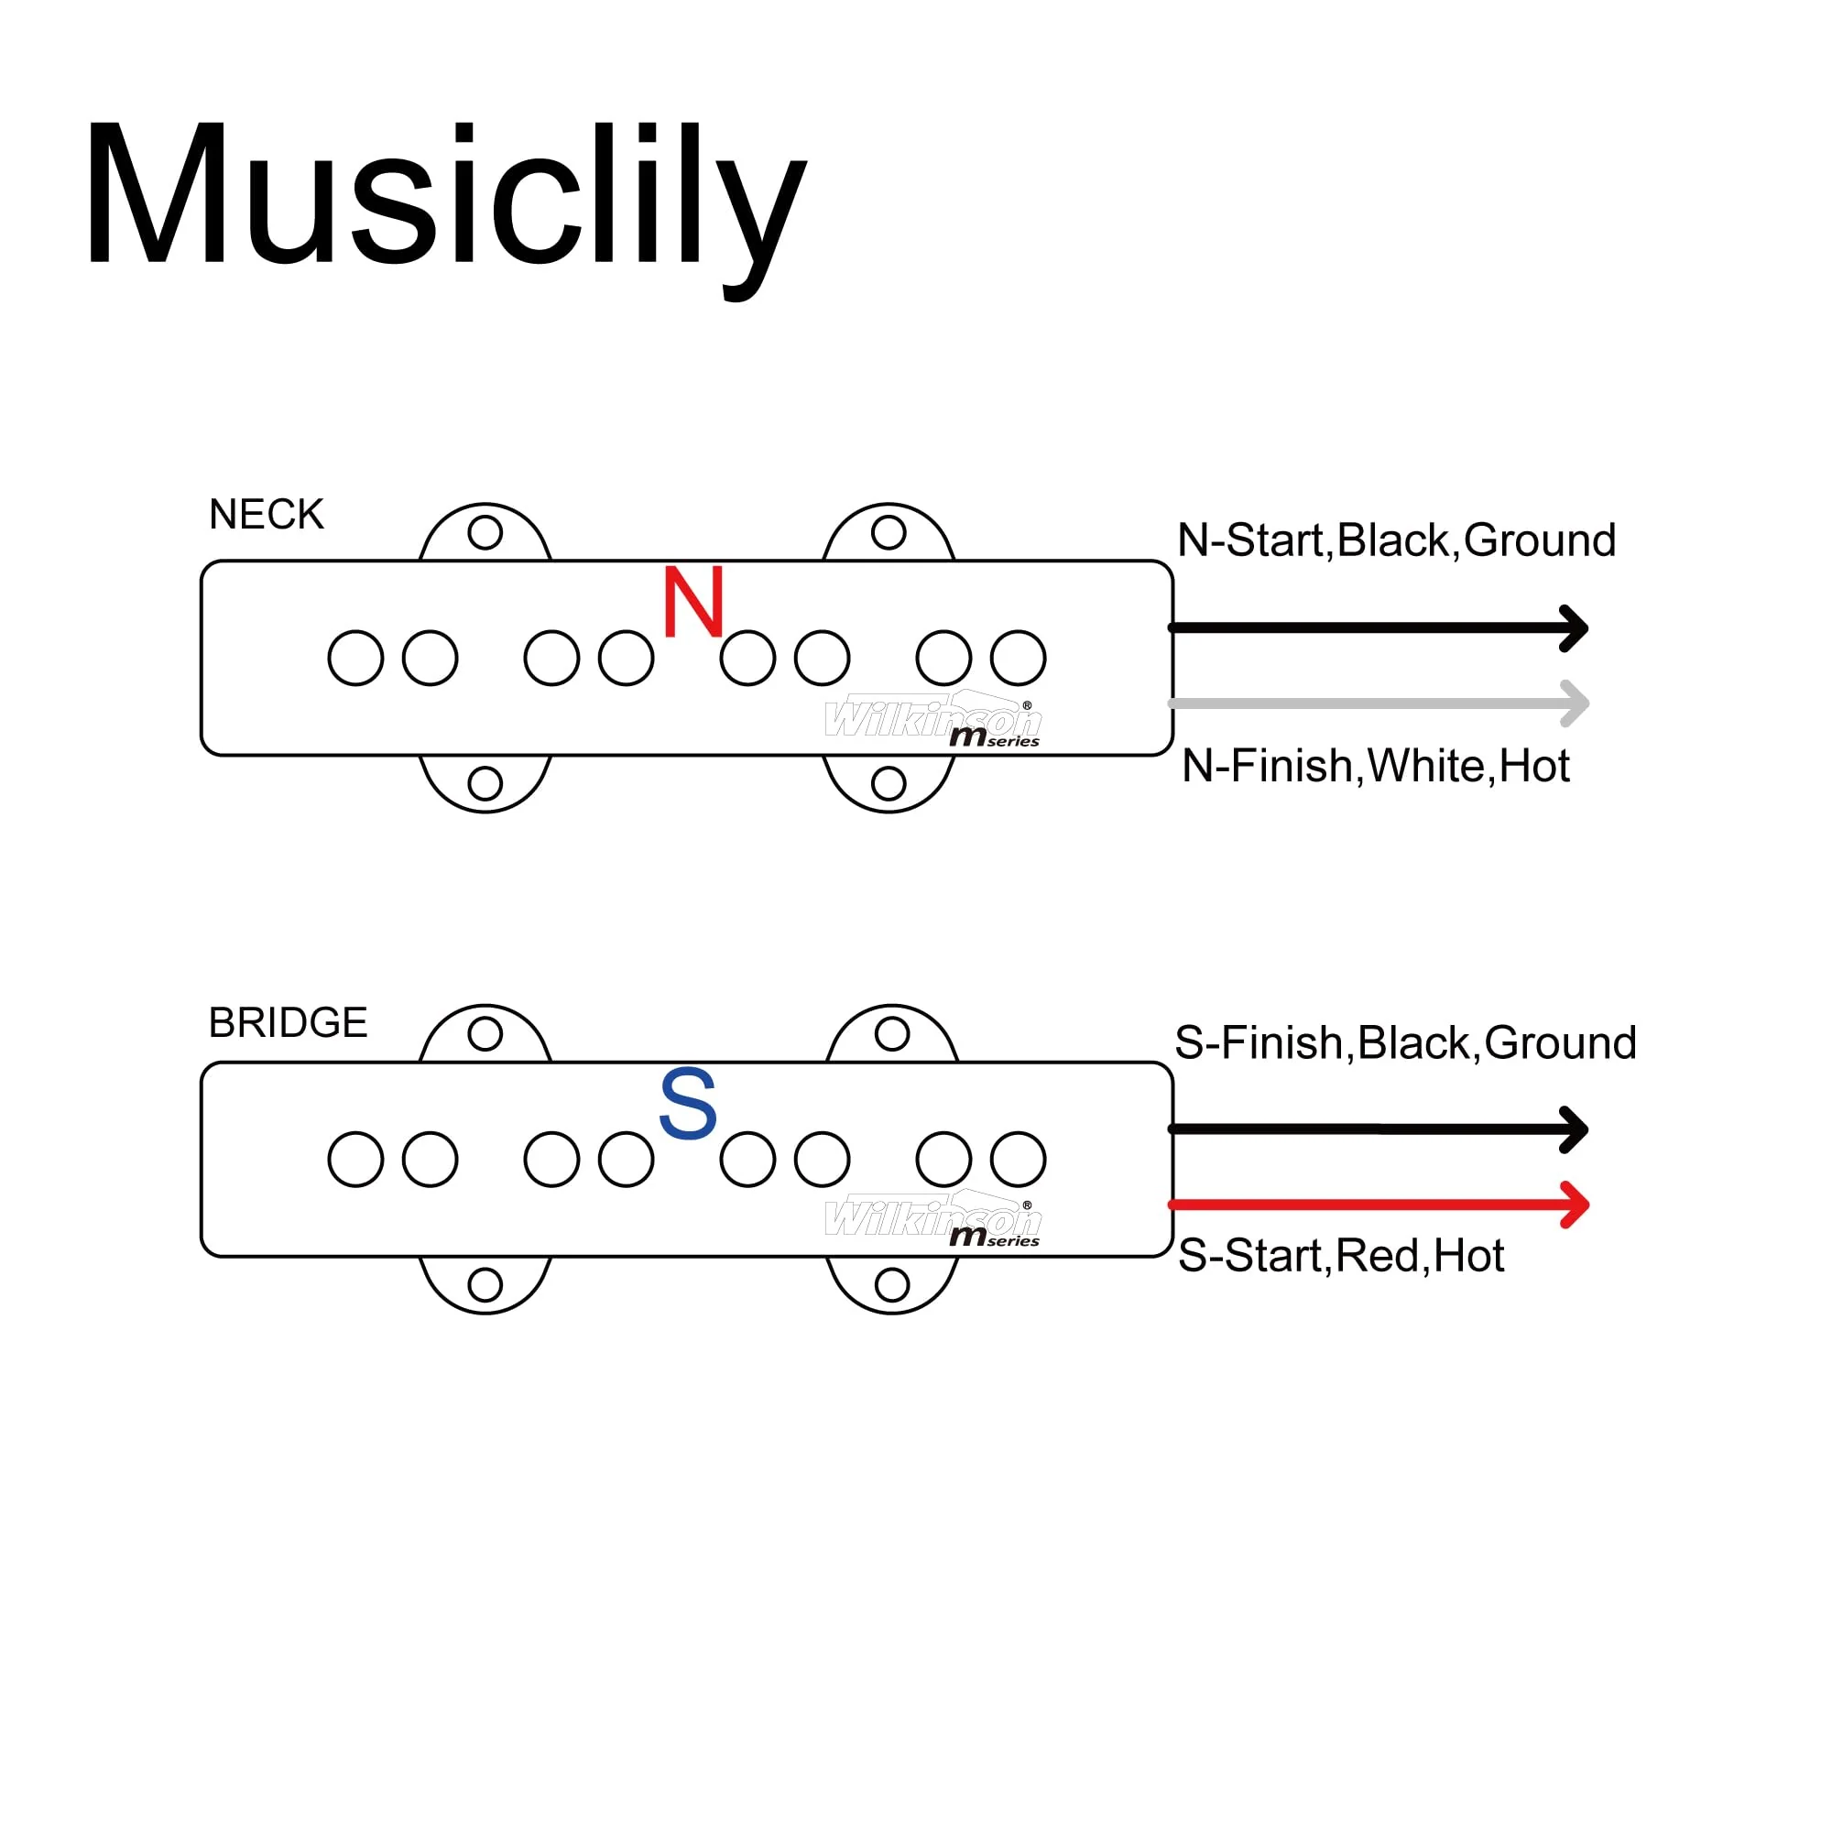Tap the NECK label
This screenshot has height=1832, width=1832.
coord(267,515)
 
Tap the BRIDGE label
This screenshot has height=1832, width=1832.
coord(289,1023)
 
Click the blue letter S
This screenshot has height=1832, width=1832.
coord(688,1103)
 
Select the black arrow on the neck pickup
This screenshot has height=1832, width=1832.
coord(1378,628)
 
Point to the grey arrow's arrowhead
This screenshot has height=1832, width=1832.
coord(1574,703)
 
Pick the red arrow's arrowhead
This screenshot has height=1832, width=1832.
coord(1574,1205)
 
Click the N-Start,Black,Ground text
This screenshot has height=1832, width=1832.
coord(1397,541)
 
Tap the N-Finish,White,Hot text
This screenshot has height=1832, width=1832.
coord(1376,766)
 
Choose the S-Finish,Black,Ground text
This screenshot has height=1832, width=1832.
coord(1406,1044)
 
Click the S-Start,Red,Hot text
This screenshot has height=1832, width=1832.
coord(1342,1257)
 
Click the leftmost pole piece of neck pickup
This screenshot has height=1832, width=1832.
coord(355,658)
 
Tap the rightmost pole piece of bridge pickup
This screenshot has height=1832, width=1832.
coord(1019,1160)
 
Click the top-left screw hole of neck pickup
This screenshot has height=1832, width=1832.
coord(485,533)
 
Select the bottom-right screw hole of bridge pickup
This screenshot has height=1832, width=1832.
coord(892,1286)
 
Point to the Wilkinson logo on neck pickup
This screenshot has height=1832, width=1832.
coord(934,720)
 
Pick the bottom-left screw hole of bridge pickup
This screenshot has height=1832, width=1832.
coord(485,1286)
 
